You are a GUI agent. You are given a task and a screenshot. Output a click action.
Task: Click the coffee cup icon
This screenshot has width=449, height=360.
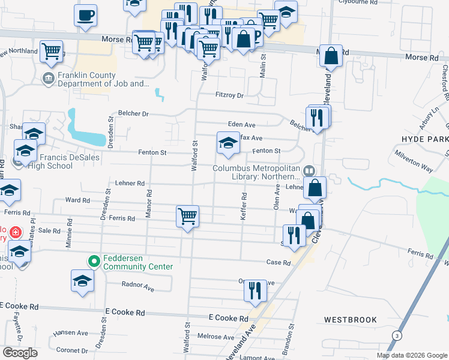pos(85,15)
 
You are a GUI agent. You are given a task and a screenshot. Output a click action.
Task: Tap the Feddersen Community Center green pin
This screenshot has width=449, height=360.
pos(94,261)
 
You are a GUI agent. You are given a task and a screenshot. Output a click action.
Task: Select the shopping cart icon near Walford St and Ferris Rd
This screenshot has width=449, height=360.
pos(188,217)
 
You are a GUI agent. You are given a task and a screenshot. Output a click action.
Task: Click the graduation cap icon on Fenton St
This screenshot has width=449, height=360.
pos(228,143)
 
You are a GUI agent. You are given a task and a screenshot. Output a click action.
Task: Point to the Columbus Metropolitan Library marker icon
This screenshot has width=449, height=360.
pos(309,171)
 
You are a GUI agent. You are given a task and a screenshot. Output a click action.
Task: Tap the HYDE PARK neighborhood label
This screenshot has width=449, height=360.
pos(425,139)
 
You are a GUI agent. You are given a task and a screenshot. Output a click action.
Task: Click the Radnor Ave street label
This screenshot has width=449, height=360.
pos(137,289)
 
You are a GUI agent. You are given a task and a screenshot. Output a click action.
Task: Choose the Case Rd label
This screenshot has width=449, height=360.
pos(279,262)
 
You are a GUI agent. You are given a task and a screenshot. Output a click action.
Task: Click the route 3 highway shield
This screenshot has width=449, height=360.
pos(396,334)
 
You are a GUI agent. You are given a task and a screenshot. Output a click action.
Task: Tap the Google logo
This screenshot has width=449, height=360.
pos(20,353)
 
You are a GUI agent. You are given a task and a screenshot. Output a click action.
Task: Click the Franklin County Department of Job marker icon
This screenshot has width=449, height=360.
pos(47,77)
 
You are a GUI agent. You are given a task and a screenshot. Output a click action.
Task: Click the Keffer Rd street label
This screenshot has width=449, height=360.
pos(244,206)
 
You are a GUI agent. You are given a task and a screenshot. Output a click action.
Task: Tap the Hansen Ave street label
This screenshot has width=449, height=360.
pos(70,333)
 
